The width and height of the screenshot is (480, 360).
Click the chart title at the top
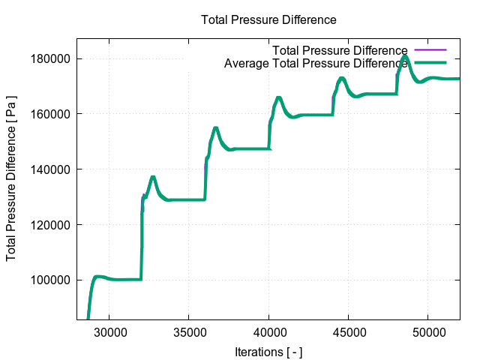click(268, 19)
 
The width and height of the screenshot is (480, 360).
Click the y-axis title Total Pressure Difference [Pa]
click(12, 178)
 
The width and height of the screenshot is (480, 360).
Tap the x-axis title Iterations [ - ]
click(268, 351)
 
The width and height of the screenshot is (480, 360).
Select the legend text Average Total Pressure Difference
click(316, 64)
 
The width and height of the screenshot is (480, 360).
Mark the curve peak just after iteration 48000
click(405, 56)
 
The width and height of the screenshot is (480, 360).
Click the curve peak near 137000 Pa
click(153, 177)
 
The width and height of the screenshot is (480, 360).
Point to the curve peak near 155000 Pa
click(216, 128)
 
